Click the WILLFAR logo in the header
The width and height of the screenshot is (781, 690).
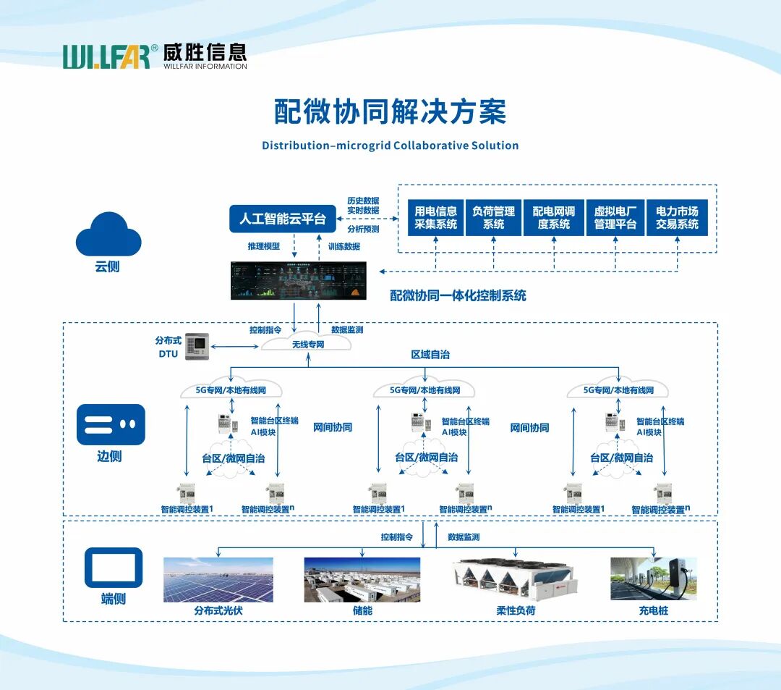point(155,56)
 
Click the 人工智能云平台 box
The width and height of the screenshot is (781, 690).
point(283,219)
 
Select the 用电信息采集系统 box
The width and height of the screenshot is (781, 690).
point(436,218)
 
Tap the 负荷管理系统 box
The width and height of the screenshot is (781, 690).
point(494,218)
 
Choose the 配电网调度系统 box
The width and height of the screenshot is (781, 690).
point(554,218)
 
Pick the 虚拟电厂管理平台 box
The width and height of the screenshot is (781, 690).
point(615,218)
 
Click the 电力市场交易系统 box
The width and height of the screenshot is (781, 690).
point(678,218)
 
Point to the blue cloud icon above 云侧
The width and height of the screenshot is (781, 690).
point(108,235)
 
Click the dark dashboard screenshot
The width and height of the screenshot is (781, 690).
point(299,281)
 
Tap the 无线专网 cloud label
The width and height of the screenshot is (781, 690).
point(307,344)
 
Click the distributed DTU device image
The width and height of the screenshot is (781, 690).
point(197,346)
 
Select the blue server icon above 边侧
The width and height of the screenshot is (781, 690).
point(111,424)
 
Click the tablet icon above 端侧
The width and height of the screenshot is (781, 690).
point(114,568)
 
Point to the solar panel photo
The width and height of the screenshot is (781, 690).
point(218,580)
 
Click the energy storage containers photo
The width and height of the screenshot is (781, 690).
point(362,580)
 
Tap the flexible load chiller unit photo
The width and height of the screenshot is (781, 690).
point(516,578)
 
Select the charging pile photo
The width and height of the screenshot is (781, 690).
point(654,578)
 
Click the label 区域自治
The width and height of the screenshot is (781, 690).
point(430,355)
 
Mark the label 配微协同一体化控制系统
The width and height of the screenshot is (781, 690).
point(458,295)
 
